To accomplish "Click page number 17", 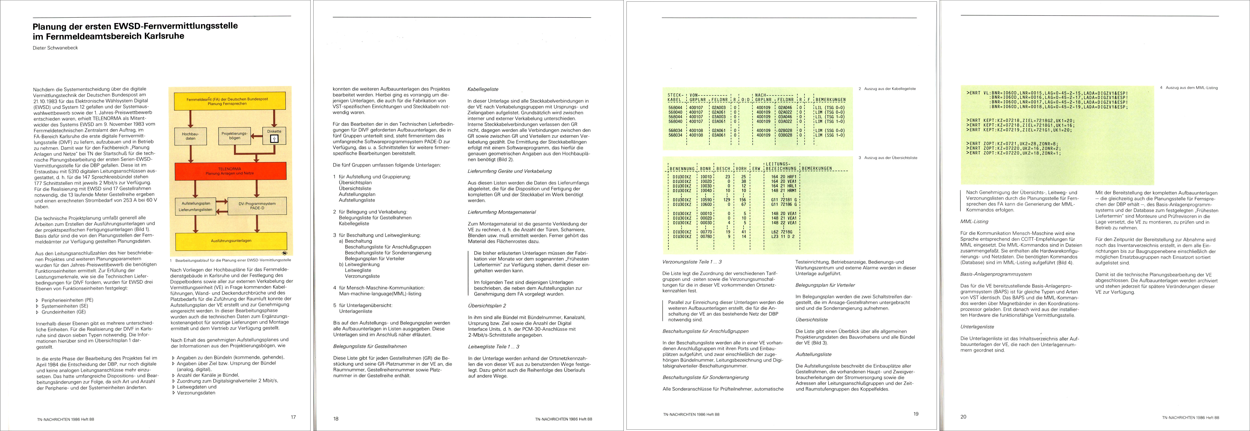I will click(x=293, y=416).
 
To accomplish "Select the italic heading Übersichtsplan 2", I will click(x=487, y=306).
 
